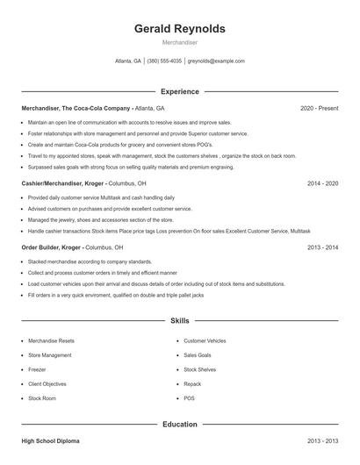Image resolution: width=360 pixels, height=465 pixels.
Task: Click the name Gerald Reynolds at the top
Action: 180,29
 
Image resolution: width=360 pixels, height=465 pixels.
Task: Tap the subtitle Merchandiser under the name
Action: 180,43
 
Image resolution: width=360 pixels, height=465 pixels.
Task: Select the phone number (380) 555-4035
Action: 164,61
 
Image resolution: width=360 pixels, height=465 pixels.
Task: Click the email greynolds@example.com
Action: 216,61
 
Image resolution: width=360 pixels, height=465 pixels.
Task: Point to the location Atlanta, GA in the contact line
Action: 128,61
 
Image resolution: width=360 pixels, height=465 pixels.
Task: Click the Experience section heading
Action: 180,91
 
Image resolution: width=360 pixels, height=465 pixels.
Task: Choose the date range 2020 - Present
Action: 319,108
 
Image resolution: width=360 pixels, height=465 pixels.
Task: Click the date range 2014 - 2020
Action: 322,184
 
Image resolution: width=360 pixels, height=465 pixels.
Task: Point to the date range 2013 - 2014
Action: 322,248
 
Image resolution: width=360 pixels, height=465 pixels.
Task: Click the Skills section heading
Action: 180,322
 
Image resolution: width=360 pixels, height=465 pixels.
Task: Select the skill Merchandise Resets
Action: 51,340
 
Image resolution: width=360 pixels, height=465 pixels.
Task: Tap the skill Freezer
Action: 38,369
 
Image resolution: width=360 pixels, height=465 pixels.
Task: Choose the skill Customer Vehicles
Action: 205,340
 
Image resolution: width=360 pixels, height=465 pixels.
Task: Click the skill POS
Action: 189,398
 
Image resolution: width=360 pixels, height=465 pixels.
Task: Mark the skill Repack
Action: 192,384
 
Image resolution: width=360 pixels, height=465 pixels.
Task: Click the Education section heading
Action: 180,425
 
